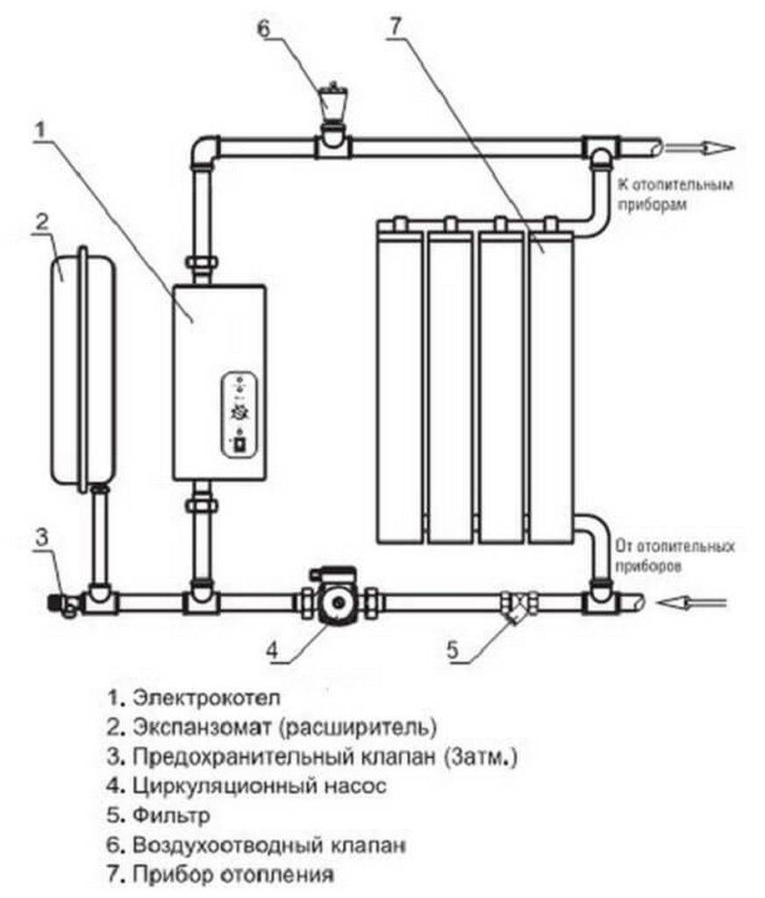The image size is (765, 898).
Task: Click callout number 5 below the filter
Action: pos(452,652)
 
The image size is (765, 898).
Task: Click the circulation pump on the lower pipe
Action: pos(336,604)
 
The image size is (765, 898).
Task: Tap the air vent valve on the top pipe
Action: pos(331,101)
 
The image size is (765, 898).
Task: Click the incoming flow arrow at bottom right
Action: pos(697,602)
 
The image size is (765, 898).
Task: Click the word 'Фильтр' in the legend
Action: pos(171,816)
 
